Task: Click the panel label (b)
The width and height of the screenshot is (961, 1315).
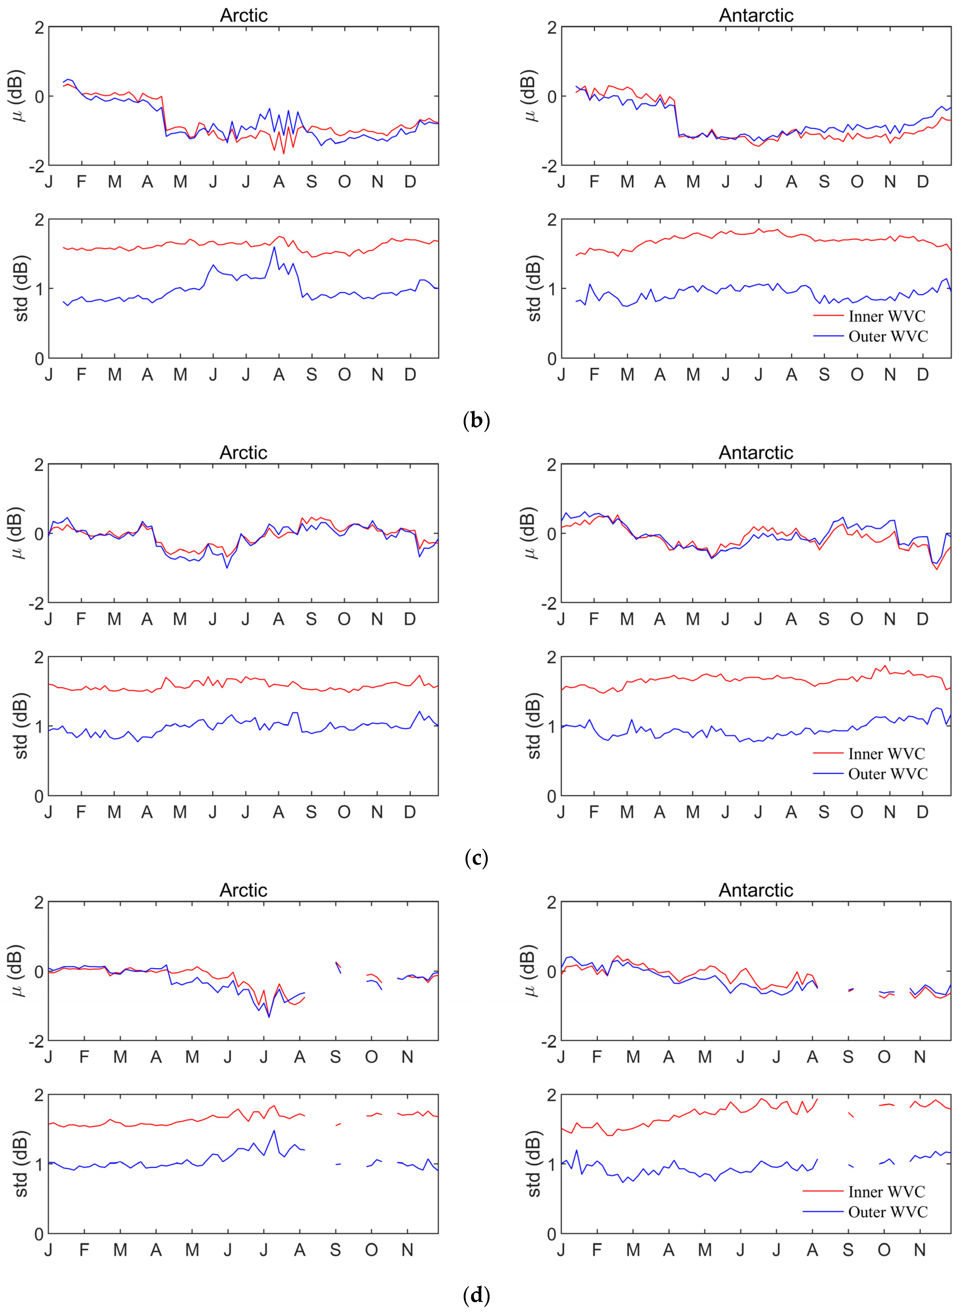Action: tap(476, 420)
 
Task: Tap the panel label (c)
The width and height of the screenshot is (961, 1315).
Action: tap(476, 857)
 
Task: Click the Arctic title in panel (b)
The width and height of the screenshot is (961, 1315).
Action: tap(243, 15)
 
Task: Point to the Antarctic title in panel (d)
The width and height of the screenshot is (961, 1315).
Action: tap(756, 890)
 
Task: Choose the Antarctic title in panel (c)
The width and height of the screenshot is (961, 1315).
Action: tap(756, 452)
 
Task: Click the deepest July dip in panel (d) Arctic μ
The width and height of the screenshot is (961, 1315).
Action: tap(269, 1016)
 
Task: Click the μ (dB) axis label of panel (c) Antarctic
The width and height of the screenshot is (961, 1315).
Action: tap(530, 533)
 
